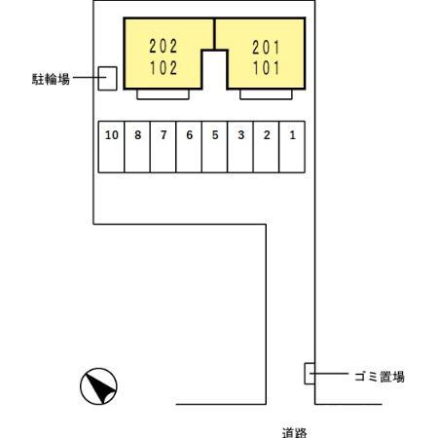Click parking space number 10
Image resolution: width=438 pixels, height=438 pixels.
tap(112, 146)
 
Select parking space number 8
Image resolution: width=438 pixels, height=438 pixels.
tap(138, 146)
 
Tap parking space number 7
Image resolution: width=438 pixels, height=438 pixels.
tap(164, 146)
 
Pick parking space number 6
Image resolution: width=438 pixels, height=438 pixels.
tap(189, 146)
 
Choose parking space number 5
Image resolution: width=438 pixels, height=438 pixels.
tap(215, 146)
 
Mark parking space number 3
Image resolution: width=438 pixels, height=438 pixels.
tap(240, 146)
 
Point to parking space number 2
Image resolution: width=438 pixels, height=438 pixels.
tap(266, 146)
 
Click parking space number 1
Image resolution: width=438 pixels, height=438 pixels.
tap(292, 146)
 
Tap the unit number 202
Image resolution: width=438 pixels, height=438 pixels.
tap(164, 46)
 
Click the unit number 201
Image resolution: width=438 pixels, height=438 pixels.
tap(266, 46)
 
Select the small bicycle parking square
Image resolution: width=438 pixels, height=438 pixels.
tap(108, 78)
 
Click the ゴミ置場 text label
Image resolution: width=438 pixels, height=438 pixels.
tap(379, 376)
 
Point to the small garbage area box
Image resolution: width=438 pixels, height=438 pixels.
tap(310, 373)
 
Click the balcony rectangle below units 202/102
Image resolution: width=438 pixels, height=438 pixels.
tap(163, 94)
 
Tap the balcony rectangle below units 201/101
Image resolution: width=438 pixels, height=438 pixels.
tap(265, 94)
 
